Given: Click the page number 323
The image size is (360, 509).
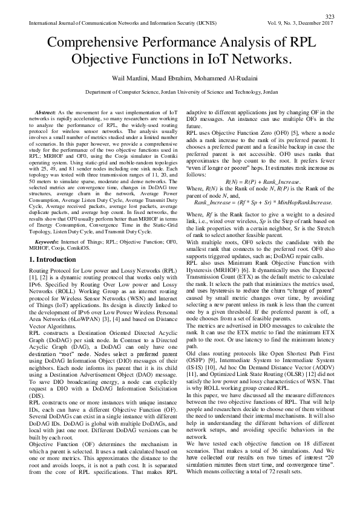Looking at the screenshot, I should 330,16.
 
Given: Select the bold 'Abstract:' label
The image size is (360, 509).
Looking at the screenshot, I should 47,113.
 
